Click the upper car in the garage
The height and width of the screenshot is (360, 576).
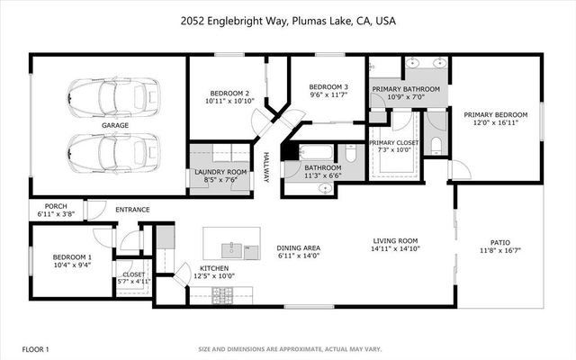pos(113,94)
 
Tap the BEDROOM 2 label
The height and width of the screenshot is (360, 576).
pos(229,94)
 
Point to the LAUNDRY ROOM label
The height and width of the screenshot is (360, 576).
pos(220,172)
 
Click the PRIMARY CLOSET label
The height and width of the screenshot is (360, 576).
pos(393,143)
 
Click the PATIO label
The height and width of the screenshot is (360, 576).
pos(499,241)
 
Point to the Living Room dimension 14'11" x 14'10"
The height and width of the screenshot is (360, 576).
pos(397,249)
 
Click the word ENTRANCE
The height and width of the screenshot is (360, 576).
pos(132,210)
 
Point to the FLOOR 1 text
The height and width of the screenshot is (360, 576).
pos(35,348)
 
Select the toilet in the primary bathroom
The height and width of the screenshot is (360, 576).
pos(436,146)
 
